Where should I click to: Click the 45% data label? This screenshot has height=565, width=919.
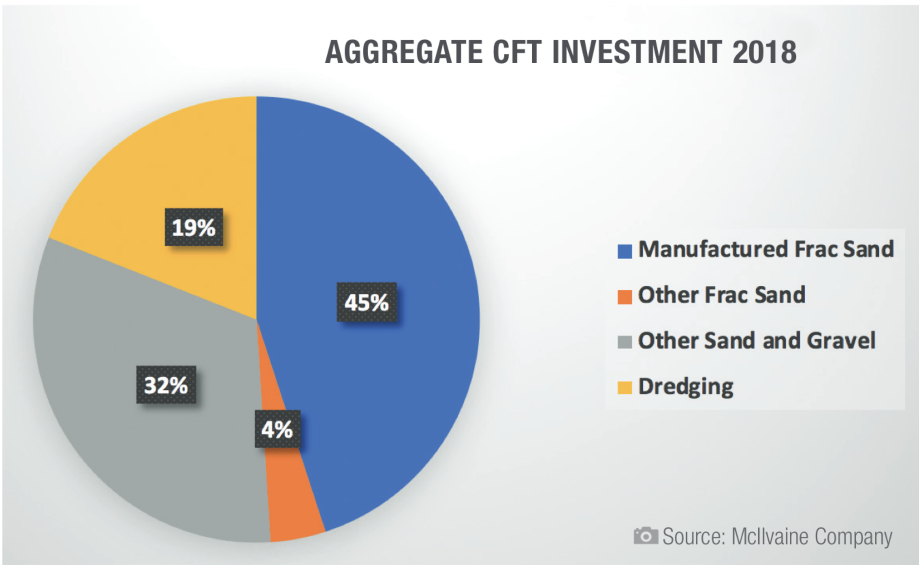click(x=367, y=302)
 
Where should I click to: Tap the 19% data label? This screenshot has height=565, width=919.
click(x=194, y=227)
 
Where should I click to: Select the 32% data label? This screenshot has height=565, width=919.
click(x=166, y=385)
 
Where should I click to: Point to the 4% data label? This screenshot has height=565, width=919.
click(x=277, y=429)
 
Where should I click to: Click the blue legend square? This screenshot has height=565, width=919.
click(x=625, y=251)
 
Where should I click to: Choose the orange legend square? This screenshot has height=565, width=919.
click(x=625, y=297)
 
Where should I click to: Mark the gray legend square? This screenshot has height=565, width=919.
click(x=625, y=342)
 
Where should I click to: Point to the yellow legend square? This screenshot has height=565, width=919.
click(x=625, y=387)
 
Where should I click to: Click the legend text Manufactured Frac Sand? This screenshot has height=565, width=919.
click(x=766, y=249)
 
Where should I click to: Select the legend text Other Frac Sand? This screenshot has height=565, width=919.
click(x=722, y=295)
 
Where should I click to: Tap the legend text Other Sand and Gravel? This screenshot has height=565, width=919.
click(x=757, y=341)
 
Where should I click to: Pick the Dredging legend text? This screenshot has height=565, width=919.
click(x=685, y=387)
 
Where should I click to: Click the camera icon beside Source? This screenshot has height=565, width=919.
click(x=646, y=536)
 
